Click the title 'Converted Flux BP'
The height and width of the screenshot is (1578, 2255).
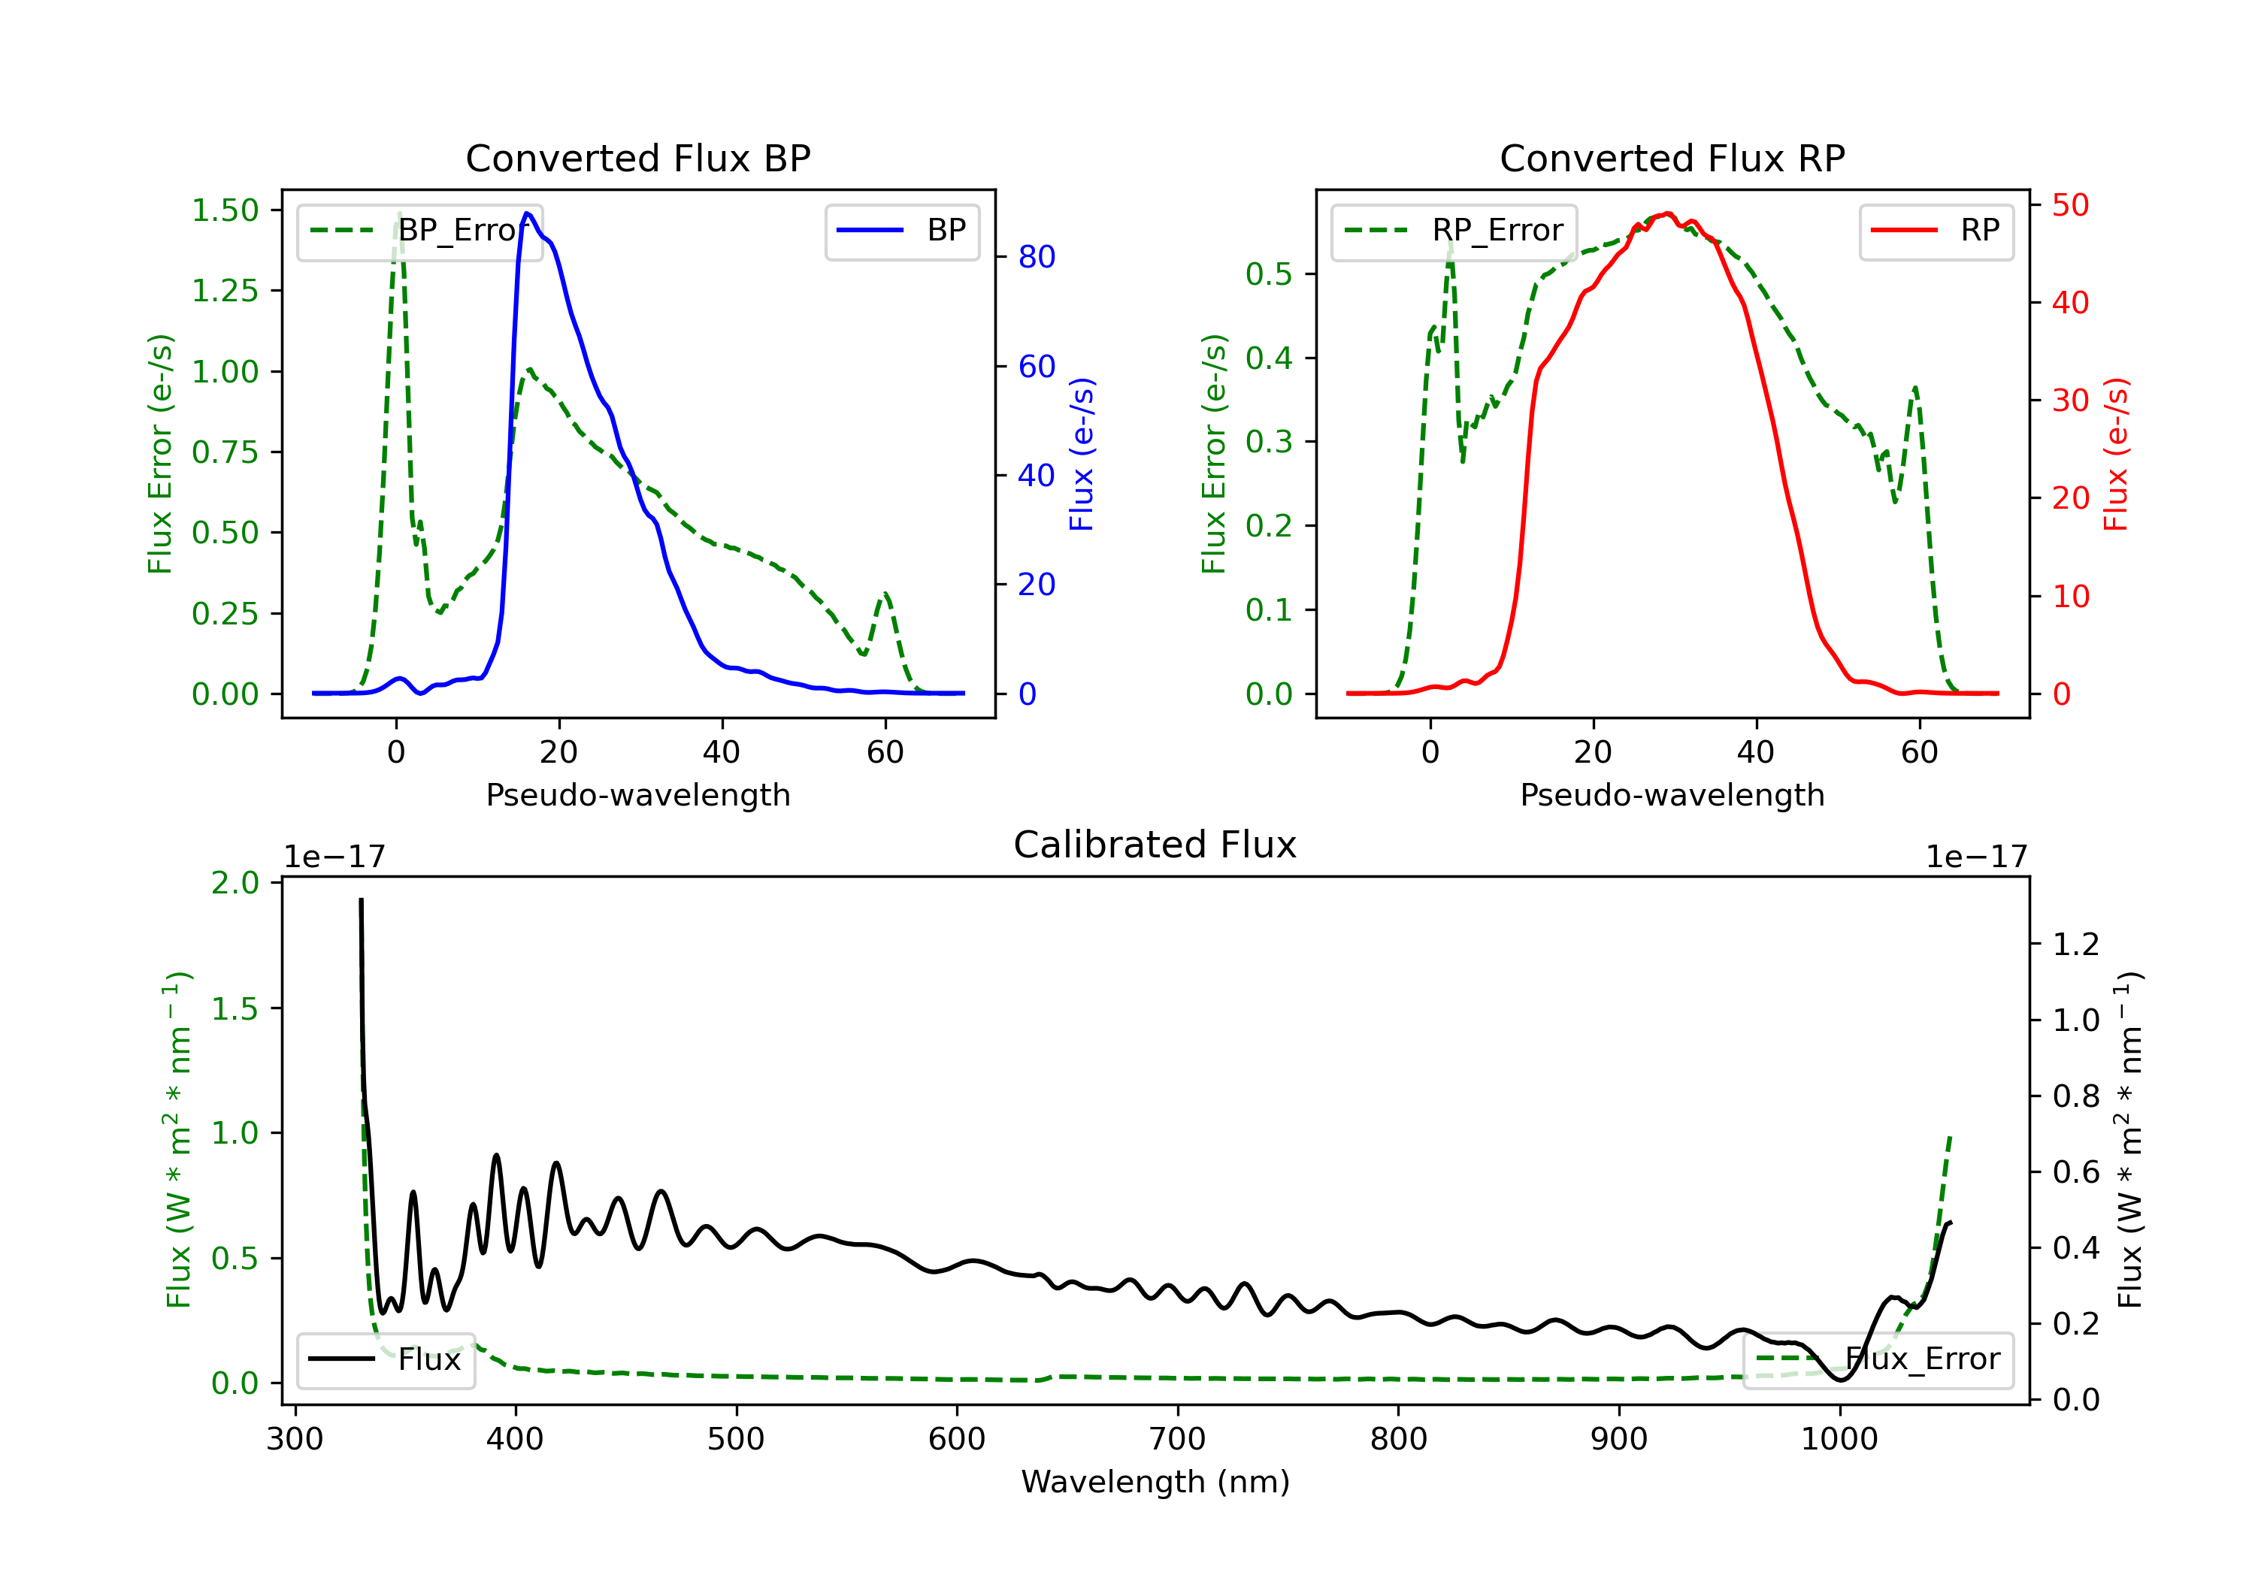click(x=638, y=158)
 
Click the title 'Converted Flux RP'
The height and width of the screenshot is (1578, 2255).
click(x=1672, y=158)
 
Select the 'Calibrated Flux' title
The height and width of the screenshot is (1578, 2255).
click(x=1155, y=845)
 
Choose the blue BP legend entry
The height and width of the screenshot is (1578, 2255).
click(x=901, y=231)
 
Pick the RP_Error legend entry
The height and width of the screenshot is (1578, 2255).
click(x=1454, y=231)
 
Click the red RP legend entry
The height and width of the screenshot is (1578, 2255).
click(x=1936, y=231)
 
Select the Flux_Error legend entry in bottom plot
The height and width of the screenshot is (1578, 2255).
click(x=1878, y=1359)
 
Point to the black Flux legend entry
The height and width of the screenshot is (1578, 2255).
click(x=385, y=1359)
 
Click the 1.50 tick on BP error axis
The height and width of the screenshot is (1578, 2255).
click(x=225, y=210)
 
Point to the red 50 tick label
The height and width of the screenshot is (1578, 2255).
click(x=2070, y=205)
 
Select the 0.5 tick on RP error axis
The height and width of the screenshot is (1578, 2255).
click(x=1269, y=274)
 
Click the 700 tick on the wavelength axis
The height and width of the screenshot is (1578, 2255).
click(x=1178, y=1440)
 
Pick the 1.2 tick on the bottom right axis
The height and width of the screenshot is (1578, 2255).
click(x=2076, y=945)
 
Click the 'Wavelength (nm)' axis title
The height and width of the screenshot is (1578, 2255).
click(x=1155, y=1482)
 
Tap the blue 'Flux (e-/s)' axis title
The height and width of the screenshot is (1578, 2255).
click(x=1082, y=455)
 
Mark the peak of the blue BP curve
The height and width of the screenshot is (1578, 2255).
click(x=528, y=213)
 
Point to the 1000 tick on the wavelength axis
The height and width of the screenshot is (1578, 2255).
click(x=1839, y=1440)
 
